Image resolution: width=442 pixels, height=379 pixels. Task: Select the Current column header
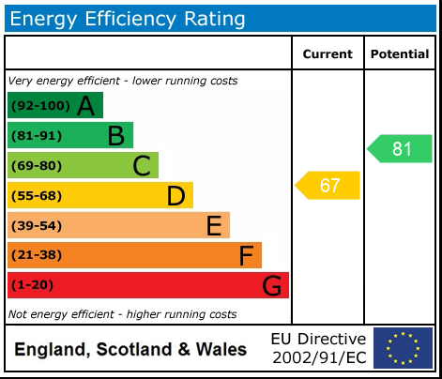pyautogui.click(x=328, y=54)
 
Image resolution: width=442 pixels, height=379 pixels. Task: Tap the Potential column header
pyautogui.click(x=400, y=54)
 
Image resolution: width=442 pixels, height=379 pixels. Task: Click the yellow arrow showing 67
pyautogui.click(x=328, y=185)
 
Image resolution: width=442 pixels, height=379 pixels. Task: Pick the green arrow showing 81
pyautogui.click(x=400, y=148)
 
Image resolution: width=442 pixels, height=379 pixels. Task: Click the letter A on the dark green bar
pyautogui.click(x=85, y=106)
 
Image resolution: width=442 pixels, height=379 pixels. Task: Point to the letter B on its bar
pyautogui.click(x=115, y=136)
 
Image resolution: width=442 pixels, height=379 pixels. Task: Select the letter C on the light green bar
pyautogui.click(x=141, y=166)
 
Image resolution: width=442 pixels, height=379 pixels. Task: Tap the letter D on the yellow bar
pyautogui.click(x=175, y=196)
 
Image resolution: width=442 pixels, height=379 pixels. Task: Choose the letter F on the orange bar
pyautogui.click(x=246, y=255)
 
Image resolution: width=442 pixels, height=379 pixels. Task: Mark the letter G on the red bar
pyautogui.click(x=271, y=285)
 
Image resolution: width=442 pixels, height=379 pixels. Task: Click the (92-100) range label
pyautogui.click(x=39, y=106)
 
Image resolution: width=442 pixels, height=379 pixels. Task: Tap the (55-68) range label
pyautogui.click(x=37, y=196)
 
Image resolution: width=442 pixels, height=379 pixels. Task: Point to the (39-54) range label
pyautogui.click(x=37, y=226)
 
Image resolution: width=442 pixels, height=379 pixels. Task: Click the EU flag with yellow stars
pyautogui.click(x=403, y=348)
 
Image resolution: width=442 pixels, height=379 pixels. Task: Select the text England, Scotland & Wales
pyautogui.click(x=130, y=350)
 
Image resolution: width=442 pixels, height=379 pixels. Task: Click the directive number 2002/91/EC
pyautogui.click(x=318, y=357)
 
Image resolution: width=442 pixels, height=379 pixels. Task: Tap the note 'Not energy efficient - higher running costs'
pyautogui.click(x=122, y=314)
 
